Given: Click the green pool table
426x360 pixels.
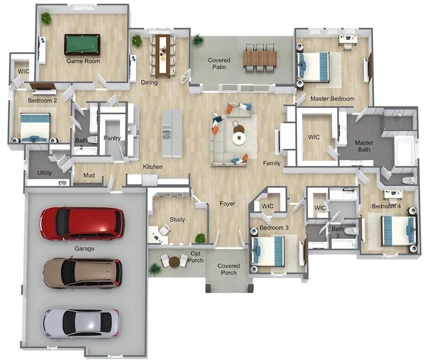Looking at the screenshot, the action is (82, 44).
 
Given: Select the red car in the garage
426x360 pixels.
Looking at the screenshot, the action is (82, 224).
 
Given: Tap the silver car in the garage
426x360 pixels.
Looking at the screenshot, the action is (81, 323).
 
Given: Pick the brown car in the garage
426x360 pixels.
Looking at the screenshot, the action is (83, 273).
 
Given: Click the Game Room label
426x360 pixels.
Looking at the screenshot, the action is (83, 61).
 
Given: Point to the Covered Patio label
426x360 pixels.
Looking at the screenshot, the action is (219, 64).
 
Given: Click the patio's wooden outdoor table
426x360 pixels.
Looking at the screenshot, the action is (260, 58).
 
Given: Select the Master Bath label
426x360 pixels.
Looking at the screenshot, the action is (364, 146).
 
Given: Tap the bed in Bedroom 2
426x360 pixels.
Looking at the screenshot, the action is (35, 128).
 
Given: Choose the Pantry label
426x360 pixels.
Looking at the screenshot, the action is (112, 138).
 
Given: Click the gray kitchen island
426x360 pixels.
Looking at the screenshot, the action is (172, 133).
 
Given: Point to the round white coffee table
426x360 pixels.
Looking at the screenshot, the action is (239, 138).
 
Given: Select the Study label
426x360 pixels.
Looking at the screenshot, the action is (177, 219).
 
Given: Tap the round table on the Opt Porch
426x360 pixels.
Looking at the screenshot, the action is (174, 261).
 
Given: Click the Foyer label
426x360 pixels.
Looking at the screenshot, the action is (228, 203).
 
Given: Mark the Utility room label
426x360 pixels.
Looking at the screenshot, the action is (45, 173).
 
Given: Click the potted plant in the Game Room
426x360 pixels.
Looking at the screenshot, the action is (46, 18).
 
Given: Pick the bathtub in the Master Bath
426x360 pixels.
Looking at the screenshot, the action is (405, 151).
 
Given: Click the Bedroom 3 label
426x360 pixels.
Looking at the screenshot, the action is (274, 227).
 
